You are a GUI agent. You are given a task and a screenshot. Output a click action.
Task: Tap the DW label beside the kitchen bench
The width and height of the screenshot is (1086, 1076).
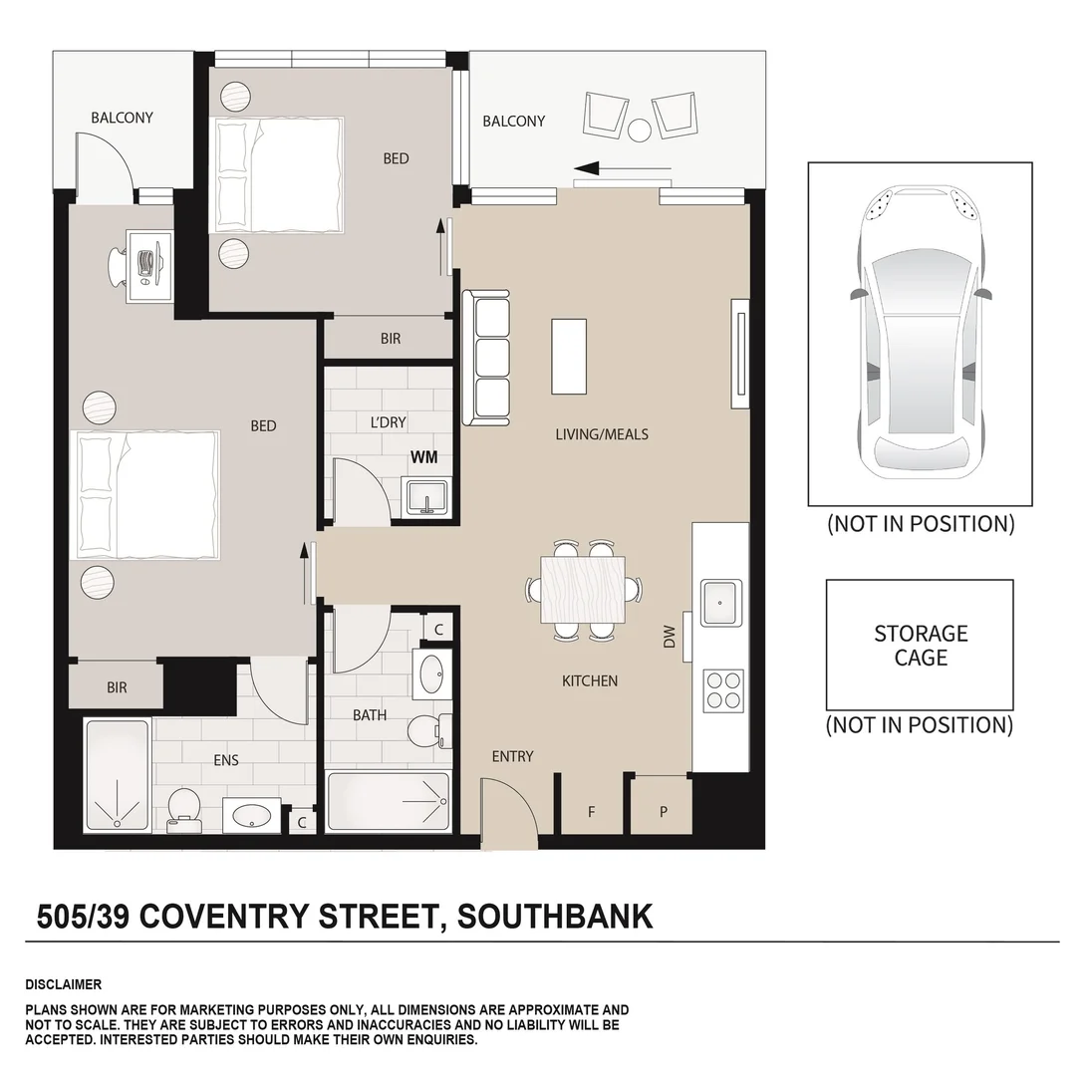[x=669, y=637]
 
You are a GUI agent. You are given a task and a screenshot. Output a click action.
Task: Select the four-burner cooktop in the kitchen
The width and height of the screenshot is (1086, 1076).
[x=723, y=689]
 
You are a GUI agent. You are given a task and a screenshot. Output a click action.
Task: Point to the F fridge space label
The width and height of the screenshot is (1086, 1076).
[x=591, y=812]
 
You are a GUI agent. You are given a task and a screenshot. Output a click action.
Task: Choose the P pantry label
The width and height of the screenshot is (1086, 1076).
[x=664, y=812]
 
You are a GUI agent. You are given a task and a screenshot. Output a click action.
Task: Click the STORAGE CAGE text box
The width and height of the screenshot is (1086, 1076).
[x=920, y=646]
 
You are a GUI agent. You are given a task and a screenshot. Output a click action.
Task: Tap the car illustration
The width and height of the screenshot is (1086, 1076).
[x=920, y=334]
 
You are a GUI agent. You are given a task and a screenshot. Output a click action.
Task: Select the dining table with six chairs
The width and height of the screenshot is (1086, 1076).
[x=583, y=590]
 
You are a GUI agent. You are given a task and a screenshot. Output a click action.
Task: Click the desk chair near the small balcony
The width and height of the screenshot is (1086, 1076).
[x=121, y=264]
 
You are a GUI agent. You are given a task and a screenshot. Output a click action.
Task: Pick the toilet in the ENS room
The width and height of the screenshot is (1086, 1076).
[x=183, y=808]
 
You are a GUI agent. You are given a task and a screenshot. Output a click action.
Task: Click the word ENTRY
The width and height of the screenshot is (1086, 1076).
[x=512, y=756]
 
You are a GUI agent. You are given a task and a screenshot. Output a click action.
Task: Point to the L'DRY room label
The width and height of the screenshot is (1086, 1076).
[x=388, y=422]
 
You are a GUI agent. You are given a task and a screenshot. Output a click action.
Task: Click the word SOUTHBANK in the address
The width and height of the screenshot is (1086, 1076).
[x=555, y=916]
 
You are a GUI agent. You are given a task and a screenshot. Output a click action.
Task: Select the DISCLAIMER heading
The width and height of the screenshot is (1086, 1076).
[x=63, y=984]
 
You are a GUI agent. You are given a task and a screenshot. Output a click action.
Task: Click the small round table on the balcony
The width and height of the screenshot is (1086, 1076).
[x=640, y=129]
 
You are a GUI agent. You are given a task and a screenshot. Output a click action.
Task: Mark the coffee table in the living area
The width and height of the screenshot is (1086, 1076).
[x=569, y=356]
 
